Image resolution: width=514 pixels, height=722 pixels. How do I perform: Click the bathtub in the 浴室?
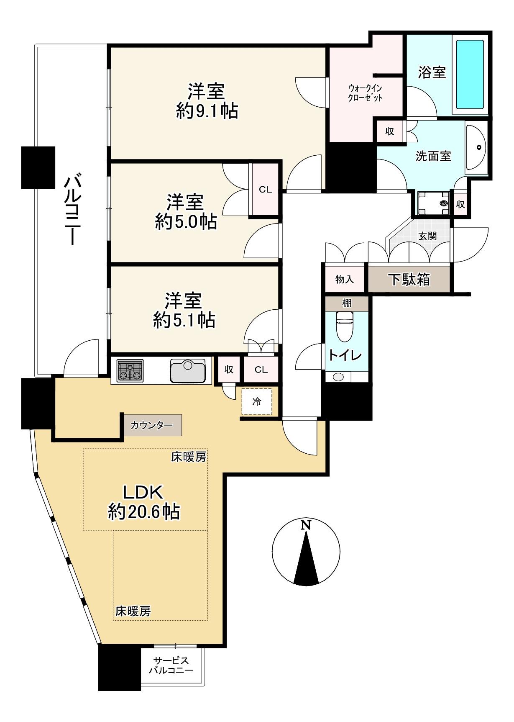(470, 74)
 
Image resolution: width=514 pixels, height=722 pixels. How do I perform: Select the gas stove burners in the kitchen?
(130, 370)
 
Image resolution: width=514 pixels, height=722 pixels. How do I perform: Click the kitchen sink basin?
(188, 371)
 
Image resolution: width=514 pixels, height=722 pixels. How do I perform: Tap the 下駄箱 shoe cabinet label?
(409, 279)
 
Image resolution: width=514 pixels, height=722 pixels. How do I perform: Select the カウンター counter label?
(152, 426)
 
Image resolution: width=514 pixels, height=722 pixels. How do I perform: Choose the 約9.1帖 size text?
(207, 111)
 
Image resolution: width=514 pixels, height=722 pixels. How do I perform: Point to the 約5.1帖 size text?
(184, 320)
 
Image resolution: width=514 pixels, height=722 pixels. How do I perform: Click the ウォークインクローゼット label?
(366, 93)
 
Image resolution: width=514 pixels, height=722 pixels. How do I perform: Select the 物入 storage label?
(345, 279)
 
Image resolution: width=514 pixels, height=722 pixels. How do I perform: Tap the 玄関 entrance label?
(427, 236)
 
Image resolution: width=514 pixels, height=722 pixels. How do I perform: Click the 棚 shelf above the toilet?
(347, 303)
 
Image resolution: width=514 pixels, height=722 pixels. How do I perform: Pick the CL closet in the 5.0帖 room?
(265, 190)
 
